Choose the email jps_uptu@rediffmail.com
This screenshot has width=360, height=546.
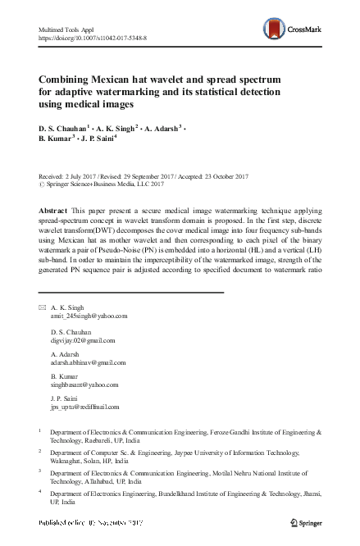coord(86,407)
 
